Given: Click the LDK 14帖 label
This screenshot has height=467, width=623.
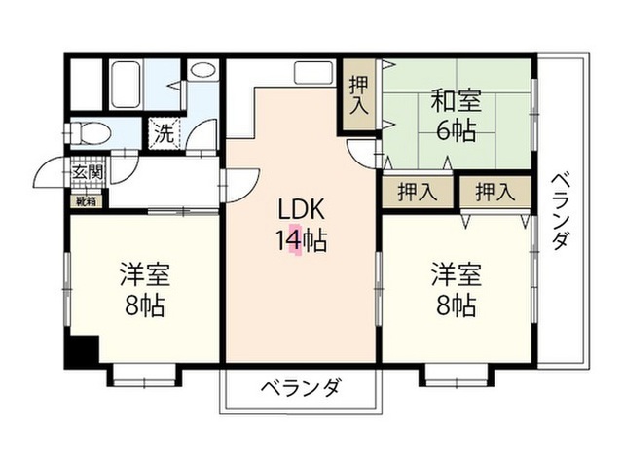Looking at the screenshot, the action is (301, 226).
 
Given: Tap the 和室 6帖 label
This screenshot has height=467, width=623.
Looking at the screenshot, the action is (456, 115).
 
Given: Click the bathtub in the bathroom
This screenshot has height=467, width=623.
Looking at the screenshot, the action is (126, 85).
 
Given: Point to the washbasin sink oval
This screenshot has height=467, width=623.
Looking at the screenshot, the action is (202, 70).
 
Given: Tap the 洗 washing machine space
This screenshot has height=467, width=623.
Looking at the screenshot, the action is (165, 133).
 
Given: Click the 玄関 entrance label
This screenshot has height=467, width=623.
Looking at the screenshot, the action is (88, 173).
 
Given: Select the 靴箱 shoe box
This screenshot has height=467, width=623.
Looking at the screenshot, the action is (87, 201).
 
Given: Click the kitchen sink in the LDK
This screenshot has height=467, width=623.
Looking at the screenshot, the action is (313, 72).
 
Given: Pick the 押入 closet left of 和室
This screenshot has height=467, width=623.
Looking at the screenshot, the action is (359, 94).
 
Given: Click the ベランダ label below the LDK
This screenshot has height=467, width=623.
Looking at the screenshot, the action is (301, 387).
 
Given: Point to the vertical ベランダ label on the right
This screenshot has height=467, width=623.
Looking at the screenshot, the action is (561, 211).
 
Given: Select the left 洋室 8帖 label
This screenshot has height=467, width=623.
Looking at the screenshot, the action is (145, 290).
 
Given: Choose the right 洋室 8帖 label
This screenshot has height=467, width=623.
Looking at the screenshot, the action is (457, 290).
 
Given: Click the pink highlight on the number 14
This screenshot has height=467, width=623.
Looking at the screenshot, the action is (295, 239).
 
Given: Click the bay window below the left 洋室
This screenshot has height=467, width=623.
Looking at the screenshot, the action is (144, 377).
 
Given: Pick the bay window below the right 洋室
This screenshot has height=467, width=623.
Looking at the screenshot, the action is (457, 377).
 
